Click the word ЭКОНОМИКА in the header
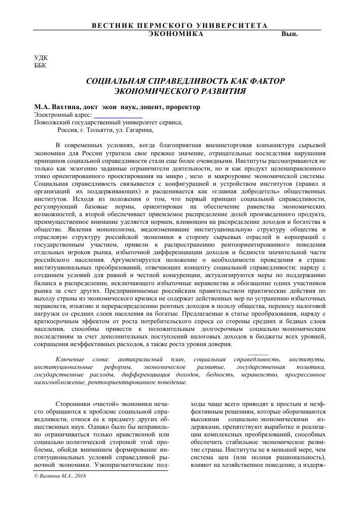coord(176,33)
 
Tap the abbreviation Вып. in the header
coord(289,33)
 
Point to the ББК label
coord(40,66)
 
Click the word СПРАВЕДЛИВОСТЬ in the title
coord(189,81)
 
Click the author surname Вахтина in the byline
coord(67,107)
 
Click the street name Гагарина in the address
coord(139,130)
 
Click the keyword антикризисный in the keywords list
coord(144,359)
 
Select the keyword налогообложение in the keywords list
coord(60,382)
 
